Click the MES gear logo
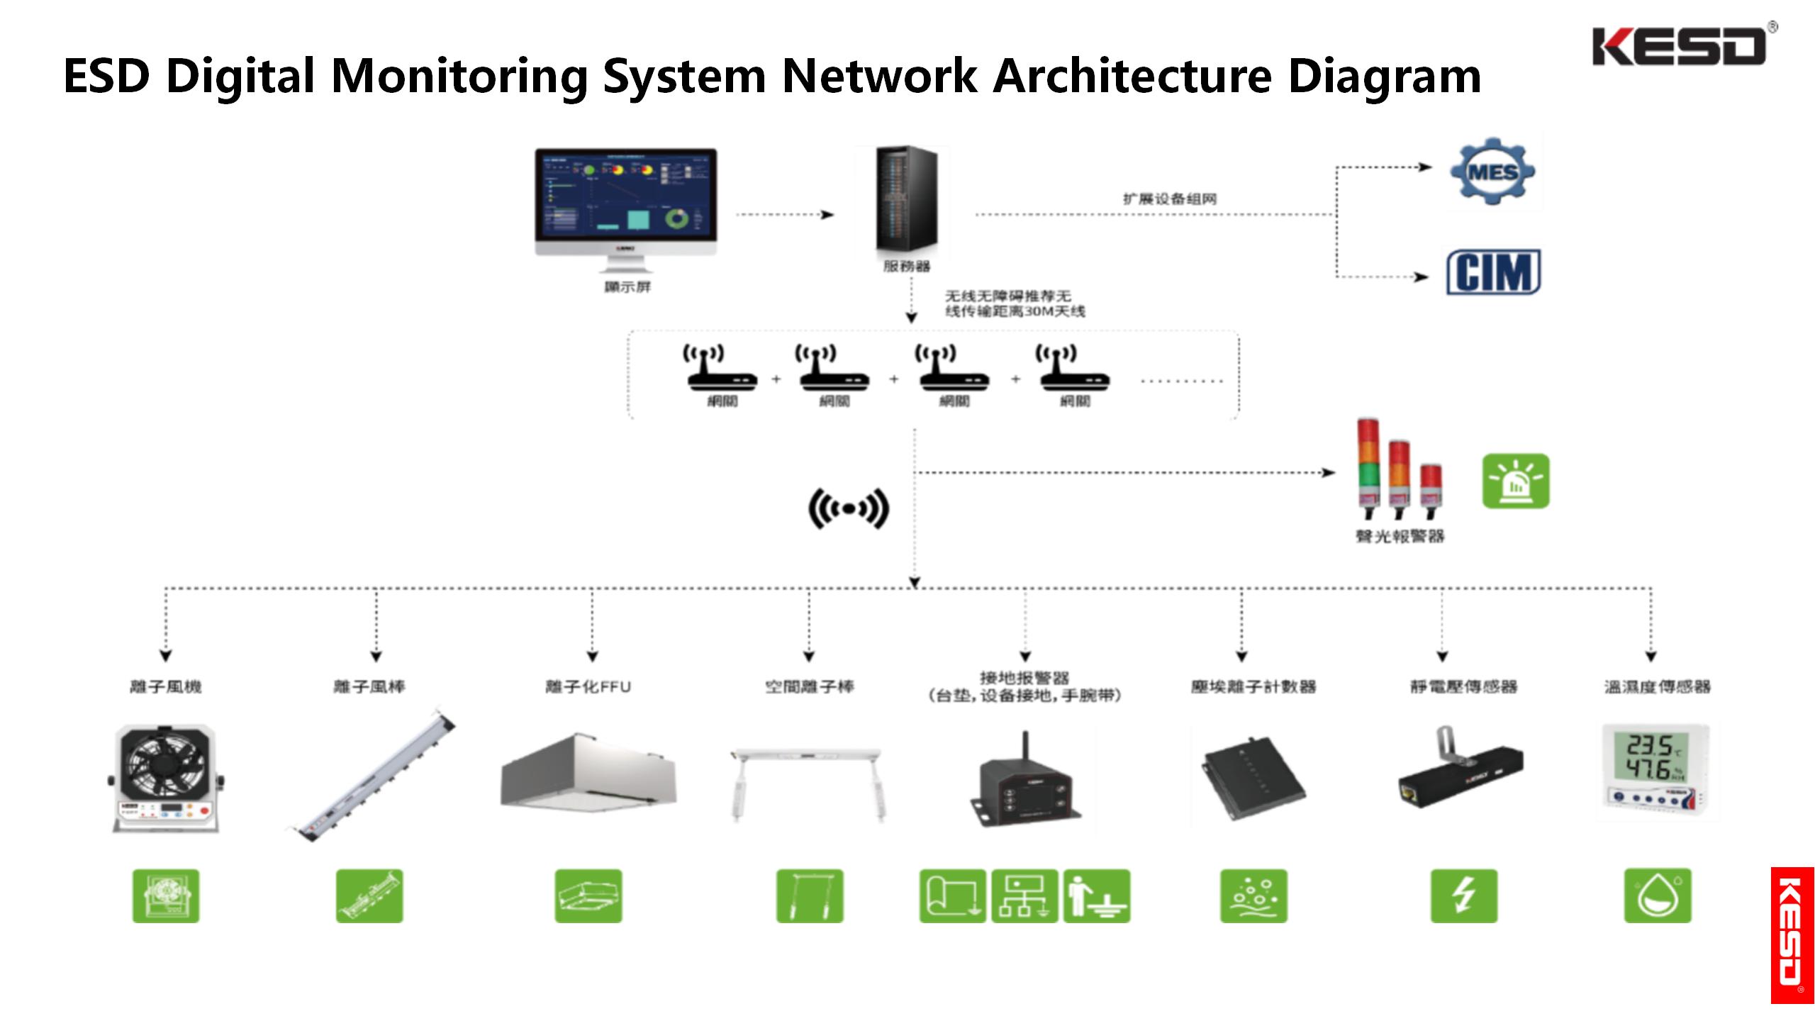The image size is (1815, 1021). point(1492,172)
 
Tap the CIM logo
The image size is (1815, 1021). point(1493,272)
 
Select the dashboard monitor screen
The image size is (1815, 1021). point(625,194)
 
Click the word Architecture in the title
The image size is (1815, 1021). point(1132,76)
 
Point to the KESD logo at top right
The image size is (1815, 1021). point(1680,46)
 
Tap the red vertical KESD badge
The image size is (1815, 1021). point(1792,934)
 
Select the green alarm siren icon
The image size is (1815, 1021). point(1516,481)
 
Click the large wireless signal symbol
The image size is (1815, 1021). point(849,508)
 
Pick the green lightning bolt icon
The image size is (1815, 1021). point(1463,896)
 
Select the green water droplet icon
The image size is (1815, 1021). point(1657,896)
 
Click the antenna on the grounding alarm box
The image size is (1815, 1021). point(1024,749)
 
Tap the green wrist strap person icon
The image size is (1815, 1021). point(1097,896)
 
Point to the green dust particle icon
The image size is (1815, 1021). point(1253,896)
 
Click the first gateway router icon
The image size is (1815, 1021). point(722,369)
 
